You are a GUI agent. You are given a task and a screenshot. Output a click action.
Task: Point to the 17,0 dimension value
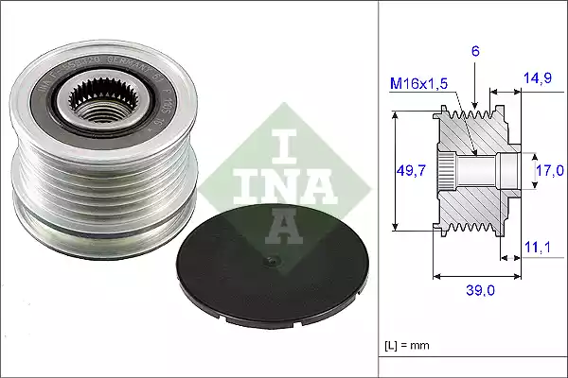(x=550, y=171)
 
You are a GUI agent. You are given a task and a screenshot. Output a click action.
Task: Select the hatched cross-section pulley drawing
(x=473, y=171)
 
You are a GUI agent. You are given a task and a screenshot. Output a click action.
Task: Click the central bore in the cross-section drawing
(x=478, y=171)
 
